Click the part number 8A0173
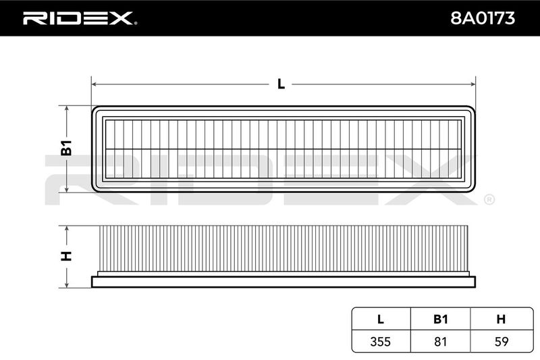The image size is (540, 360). [x=483, y=18]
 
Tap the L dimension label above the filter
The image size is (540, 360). [x=281, y=84]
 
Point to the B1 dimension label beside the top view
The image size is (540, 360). [x=66, y=148]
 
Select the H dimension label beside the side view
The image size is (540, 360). [x=66, y=256]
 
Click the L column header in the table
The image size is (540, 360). [x=381, y=319]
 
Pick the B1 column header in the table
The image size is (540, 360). [x=441, y=319]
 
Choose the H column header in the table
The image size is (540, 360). [x=501, y=319]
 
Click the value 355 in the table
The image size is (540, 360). [x=381, y=341]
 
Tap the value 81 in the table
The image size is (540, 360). [x=441, y=341]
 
